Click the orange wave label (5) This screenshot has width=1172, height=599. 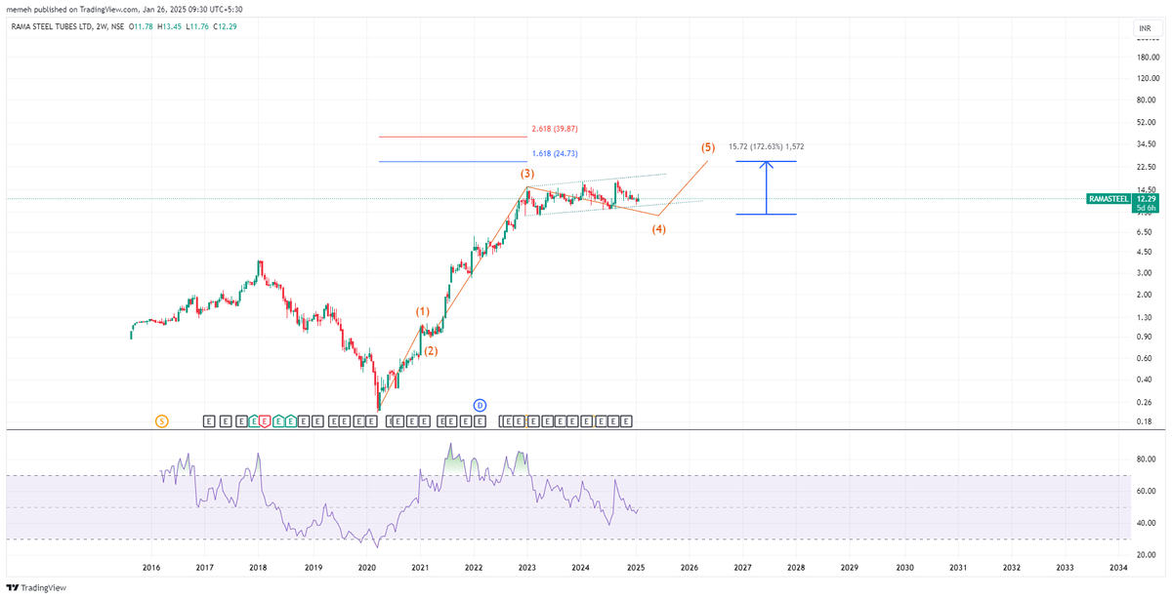coord(708,147)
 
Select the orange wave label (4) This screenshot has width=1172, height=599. coord(659,229)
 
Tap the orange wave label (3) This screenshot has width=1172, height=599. coord(526,173)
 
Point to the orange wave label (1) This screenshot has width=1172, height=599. coord(422,311)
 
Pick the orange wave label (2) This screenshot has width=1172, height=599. coord(430,350)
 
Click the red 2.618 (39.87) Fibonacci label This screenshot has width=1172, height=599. coord(555,128)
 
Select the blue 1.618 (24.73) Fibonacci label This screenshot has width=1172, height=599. coord(555,153)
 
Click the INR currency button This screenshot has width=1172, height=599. coord(1142,28)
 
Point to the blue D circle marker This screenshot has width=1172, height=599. coord(480,404)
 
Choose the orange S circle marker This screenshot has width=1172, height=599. coord(161,420)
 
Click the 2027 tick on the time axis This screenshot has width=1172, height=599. coord(742,567)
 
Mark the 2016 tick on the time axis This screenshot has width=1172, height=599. coord(151,567)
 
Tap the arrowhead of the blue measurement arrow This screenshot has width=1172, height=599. coord(768,164)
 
